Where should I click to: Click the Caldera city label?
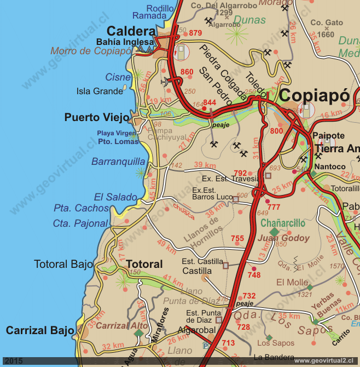[131, 31]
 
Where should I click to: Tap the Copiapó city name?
[314, 95]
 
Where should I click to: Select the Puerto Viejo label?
[97, 117]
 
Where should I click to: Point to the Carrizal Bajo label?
[40, 330]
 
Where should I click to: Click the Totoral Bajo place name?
[63, 264]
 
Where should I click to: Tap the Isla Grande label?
[100, 91]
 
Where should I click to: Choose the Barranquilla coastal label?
[118, 162]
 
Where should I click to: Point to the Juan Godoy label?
[283, 238]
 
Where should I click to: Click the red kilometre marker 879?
[195, 33]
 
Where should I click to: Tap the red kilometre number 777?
[274, 207]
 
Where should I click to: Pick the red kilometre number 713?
[228, 343]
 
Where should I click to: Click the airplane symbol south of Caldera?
[166, 82]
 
